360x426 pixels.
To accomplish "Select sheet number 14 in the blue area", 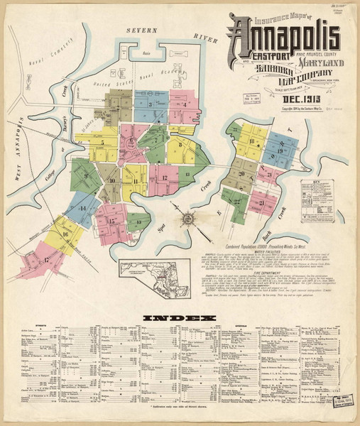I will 83,208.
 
